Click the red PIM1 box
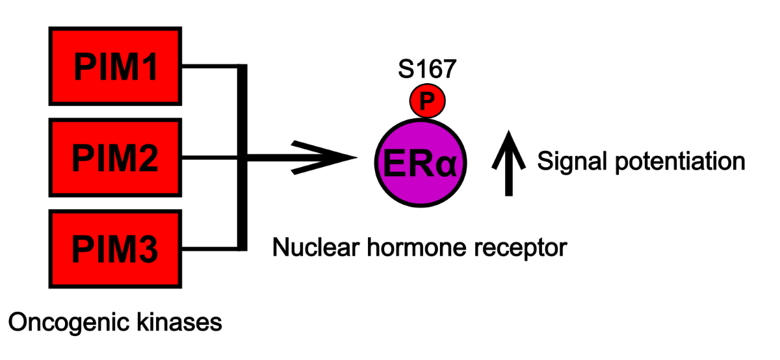click(x=115, y=66)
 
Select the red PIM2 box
click(x=115, y=157)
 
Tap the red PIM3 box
click(x=115, y=248)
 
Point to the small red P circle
click(x=426, y=101)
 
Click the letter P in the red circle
click(x=426, y=101)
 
